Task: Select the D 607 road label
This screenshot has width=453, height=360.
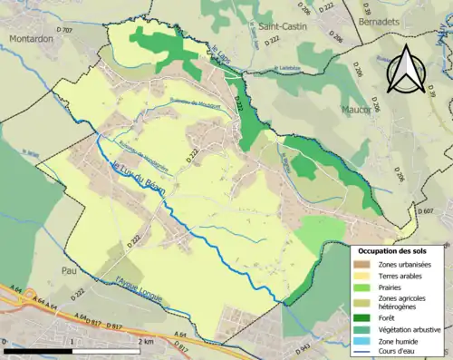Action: pyautogui.click(x=428, y=210)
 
